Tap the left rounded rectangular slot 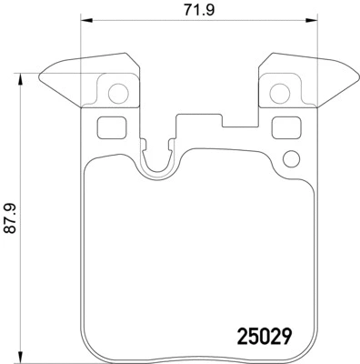[x=108, y=128]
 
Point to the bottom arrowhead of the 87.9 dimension [x=20, y=356]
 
